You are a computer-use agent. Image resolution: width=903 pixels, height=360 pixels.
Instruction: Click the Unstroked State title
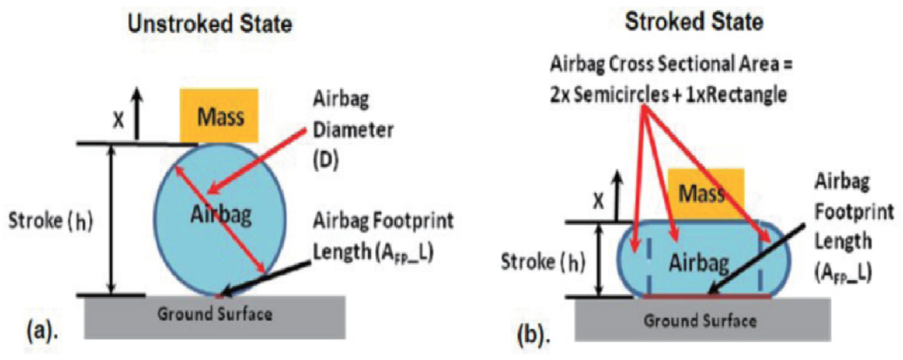coord(210,24)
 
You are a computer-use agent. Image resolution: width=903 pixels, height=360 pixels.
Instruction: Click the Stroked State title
coord(694,21)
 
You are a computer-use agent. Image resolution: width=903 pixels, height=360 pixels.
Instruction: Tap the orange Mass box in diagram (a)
coord(219,116)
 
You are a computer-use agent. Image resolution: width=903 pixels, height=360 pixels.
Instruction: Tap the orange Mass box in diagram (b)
coord(706,194)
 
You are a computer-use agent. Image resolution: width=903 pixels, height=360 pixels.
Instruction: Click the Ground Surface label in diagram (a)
coord(215,314)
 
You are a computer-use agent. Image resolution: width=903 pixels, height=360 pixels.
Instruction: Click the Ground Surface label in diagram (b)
coord(700,320)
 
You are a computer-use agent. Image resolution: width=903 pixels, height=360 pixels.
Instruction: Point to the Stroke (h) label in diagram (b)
coord(542,262)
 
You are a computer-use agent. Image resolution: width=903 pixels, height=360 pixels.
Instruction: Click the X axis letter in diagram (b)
coord(598,201)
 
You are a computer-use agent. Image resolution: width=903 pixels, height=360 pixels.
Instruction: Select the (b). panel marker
coord(534,335)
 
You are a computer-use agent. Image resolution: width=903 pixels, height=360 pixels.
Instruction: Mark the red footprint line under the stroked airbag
coord(707,296)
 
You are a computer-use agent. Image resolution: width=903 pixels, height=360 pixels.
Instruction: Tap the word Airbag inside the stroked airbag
coord(699,263)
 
